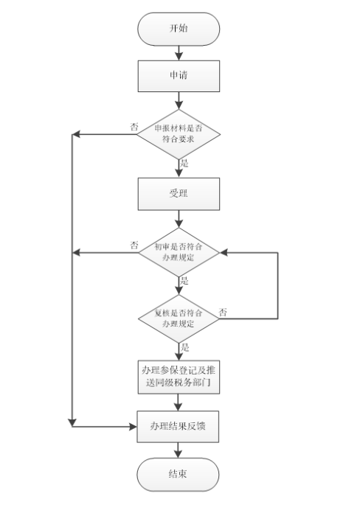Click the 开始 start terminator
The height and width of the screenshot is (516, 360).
click(179, 29)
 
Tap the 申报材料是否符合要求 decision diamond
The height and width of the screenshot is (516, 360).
click(179, 133)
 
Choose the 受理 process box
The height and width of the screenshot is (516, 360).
click(179, 194)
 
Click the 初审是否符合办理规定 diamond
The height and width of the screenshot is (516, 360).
click(179, 252)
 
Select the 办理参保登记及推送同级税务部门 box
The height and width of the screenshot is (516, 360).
click(179, 377)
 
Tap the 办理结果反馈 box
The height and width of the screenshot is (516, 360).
click(179, 426)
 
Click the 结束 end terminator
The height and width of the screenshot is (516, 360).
click(179, 474)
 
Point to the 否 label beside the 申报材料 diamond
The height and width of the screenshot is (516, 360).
click(134, 127)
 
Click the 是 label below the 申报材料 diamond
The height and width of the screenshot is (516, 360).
click(185, 163)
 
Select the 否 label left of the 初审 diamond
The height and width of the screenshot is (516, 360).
click(134, 245)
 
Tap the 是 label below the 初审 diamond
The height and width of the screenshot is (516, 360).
click(185, 281)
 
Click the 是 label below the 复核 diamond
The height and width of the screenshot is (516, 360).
click(185, 347)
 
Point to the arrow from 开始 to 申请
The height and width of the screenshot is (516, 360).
click(179, 52)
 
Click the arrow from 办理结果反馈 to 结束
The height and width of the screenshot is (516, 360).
click(179, 449)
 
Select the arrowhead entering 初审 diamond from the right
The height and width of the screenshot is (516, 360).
click(224, 253)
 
